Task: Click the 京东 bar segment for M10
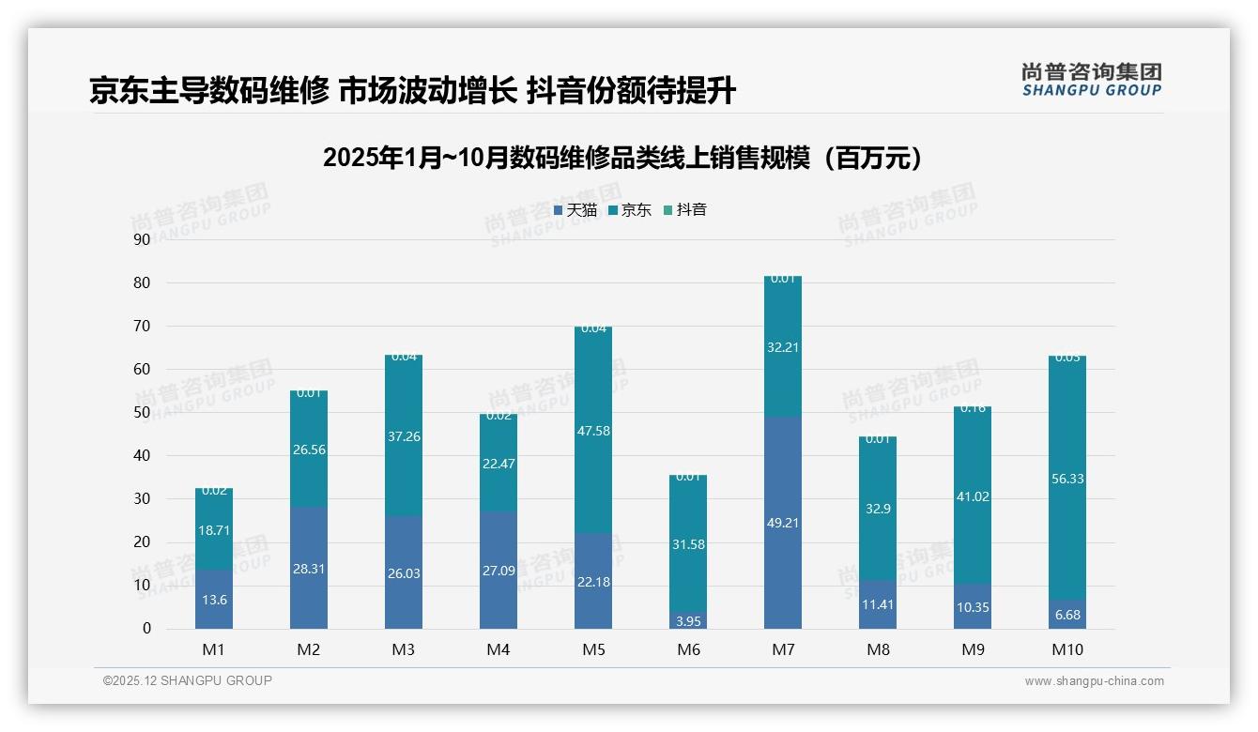point(1067,478)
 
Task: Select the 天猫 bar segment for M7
point(782,523)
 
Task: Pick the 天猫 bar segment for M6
point(688,620)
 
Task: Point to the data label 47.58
point(593,431)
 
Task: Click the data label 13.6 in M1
point(215,600)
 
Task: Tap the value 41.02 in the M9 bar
point(973,496)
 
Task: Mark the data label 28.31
point(309,568)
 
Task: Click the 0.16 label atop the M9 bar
point(973,408)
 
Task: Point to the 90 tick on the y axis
point(142,239)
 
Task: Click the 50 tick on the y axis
point(142,412)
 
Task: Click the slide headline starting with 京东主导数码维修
point(412,91)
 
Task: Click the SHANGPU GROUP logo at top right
point(1091,79)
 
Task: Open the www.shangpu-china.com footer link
point(1094,681)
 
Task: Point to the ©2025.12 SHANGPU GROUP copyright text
point(188,681)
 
